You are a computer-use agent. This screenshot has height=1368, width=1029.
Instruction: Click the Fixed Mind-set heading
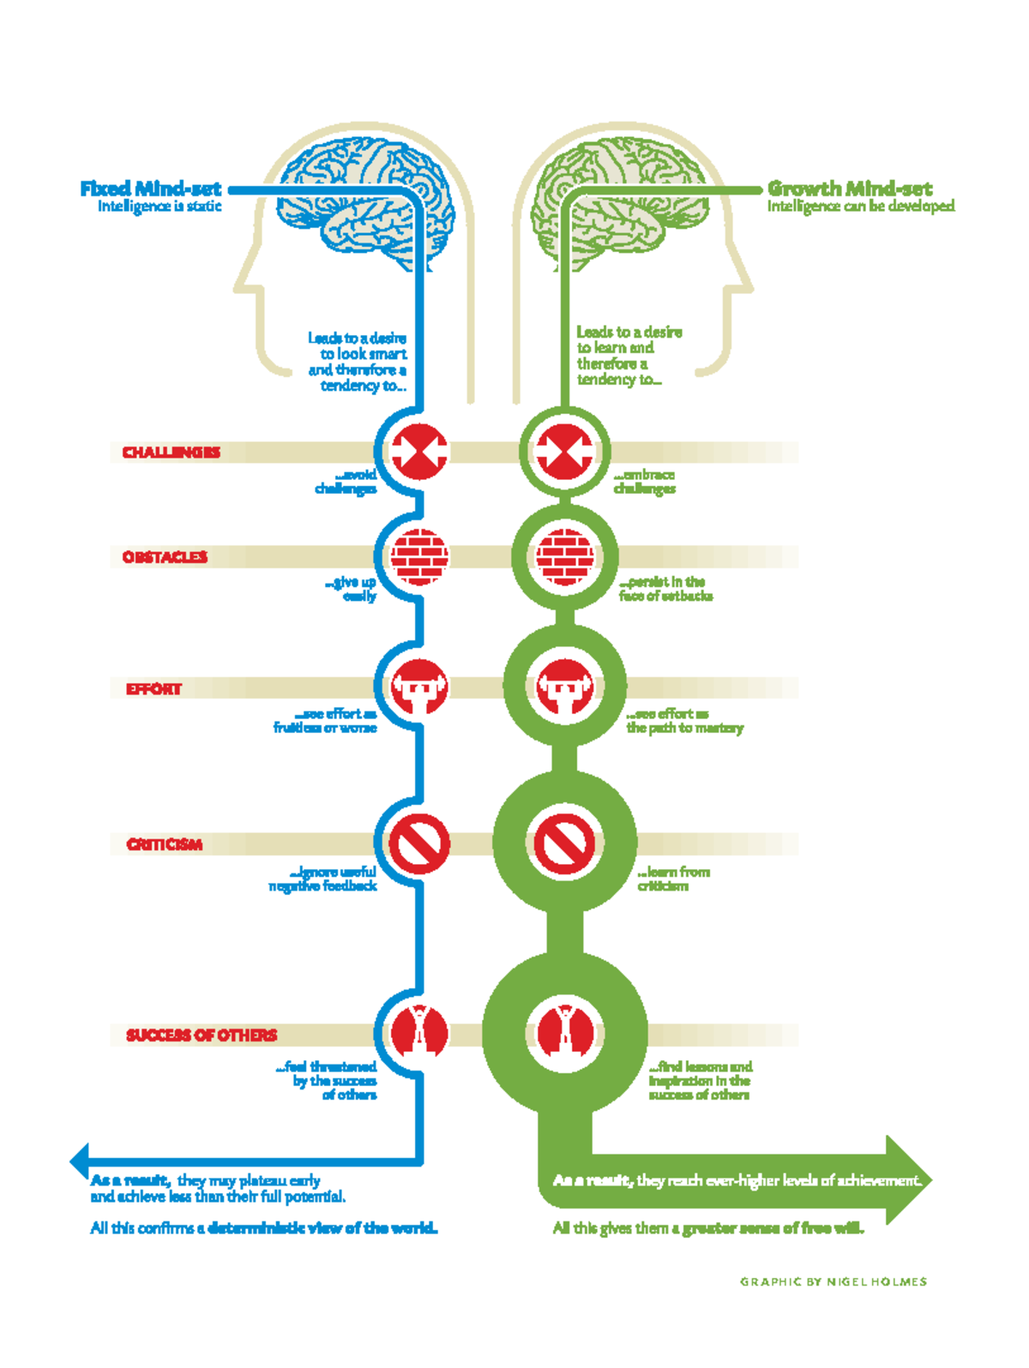[150, 189]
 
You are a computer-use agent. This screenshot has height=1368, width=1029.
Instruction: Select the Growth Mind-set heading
[849, 189]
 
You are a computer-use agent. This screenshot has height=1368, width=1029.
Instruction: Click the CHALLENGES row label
[171, 452]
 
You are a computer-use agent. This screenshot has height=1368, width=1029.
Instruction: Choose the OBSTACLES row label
[165, 557]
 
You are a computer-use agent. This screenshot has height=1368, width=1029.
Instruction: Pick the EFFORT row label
[153, 688]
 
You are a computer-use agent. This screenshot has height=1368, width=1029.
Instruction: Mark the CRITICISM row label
[165, 844]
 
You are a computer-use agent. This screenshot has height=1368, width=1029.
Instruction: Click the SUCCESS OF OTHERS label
[202, 1035]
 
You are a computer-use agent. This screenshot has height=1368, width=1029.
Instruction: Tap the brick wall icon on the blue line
[419, 557]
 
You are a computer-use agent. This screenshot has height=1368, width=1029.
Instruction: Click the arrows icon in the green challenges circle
[564, 452]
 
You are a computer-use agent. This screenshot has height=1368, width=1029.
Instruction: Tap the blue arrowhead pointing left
[80, 1161]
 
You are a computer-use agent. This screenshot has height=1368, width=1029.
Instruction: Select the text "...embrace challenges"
[645, 482]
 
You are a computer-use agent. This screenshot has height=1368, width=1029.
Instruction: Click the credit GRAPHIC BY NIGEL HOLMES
[833, 1281]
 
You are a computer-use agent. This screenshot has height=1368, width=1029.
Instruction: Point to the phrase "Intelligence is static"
[159, 207]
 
